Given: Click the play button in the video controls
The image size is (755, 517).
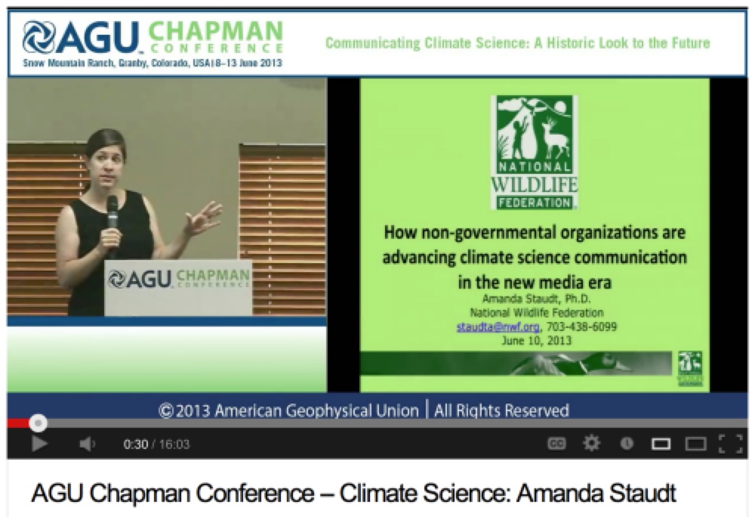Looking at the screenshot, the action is pos(39,443).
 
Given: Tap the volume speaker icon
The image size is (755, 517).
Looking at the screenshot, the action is pos(87,443).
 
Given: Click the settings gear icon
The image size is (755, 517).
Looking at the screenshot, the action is pos(591,443).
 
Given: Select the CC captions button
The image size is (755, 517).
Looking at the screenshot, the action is pos(556,443).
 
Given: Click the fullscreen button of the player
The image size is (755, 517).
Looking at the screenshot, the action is pos(730,443).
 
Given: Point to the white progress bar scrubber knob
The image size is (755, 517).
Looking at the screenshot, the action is pos(38,423).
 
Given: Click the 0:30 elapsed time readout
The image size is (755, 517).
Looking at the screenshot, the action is pos(135,444).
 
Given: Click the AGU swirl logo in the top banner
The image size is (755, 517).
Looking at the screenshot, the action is pos(39,36).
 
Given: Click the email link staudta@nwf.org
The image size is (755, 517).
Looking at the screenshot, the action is pos(498,327).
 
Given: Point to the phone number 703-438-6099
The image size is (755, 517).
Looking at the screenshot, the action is pos(581,327).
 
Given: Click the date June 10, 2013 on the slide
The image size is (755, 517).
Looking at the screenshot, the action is pos(536,341).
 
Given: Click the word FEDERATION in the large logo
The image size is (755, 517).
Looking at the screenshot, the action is pos(535,203).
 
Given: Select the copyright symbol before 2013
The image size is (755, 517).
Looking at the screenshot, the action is pos(165,410).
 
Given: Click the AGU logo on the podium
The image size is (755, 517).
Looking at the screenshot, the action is pos(140,279).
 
